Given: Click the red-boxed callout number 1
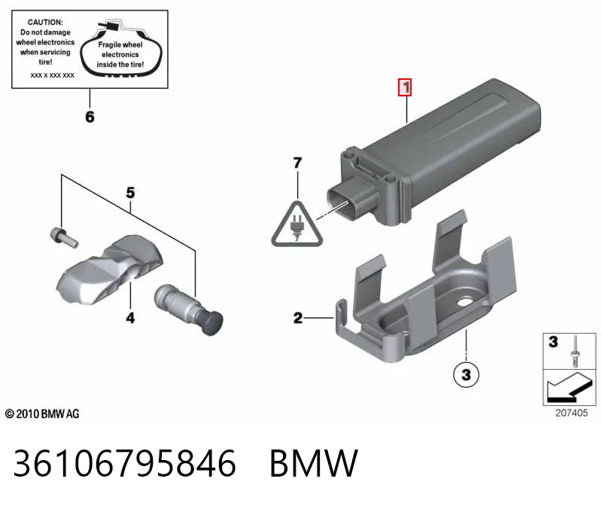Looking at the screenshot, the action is pyautogui.click(x=405, y=87).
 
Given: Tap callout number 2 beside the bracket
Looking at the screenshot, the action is pyautogui.click(x=298, y=318).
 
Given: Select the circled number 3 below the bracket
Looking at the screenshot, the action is pyautogui.click(x=466, y=374).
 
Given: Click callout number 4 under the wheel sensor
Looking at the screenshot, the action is pyautogui.click(x=130, y=318).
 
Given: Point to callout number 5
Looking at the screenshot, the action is pyautogui.click(x=130, y=193).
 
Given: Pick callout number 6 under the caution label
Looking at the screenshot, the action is pyautogui.click(x=90, y=117).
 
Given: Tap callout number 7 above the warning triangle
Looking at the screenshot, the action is pyautogui.click(x=297, y=163).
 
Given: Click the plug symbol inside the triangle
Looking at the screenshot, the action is pyautogui.click(x=297, y=227).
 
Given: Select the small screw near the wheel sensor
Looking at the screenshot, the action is pyautogui.click(x=64, y=237).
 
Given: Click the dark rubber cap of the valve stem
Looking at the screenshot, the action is pyautogui.click(x=212, y=324).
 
